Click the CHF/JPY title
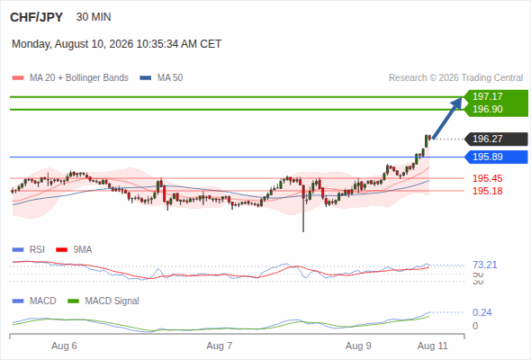coord(36,17)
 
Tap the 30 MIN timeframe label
coord(94,17)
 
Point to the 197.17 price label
coord(487,96)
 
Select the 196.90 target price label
coord(487,109)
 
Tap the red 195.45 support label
coord(487,178)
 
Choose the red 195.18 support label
coord(487,191)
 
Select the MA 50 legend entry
coord(161,78)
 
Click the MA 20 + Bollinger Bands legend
coord(70,78)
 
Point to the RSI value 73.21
coord(484,265)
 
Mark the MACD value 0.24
coord(481,312)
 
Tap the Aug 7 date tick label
coord(219,346)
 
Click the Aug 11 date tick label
coord(433,346)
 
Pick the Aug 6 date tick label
coord(64,346)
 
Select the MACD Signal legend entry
coord(103,301)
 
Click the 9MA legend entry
coord(74,249)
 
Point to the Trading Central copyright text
coord(455,78)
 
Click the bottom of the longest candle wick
coord(303,232)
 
